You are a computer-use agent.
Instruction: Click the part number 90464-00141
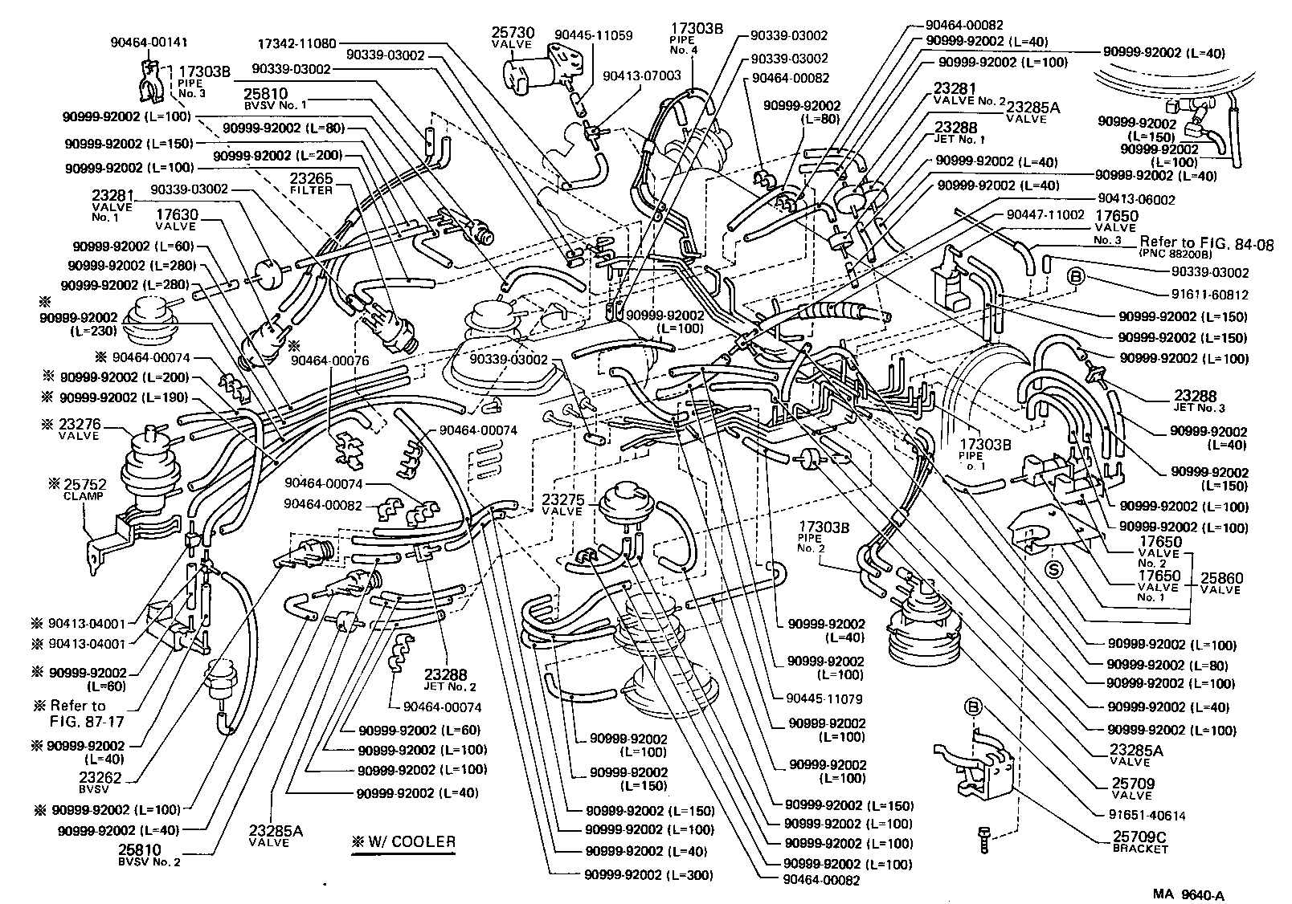pyautogui.click(x=149, y=43)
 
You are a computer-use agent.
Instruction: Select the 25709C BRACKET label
pyautogui.click(x=1140, y=842)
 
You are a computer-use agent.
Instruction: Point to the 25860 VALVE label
pyautogui.click(x=1220, y=582)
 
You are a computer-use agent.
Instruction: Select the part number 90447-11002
pyautogui.click(x=1045, y=215)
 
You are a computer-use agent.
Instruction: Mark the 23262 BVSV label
pyautogui.click(x=100, y=781)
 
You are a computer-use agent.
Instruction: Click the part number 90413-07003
pyautogui.click(x=641, y=75)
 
